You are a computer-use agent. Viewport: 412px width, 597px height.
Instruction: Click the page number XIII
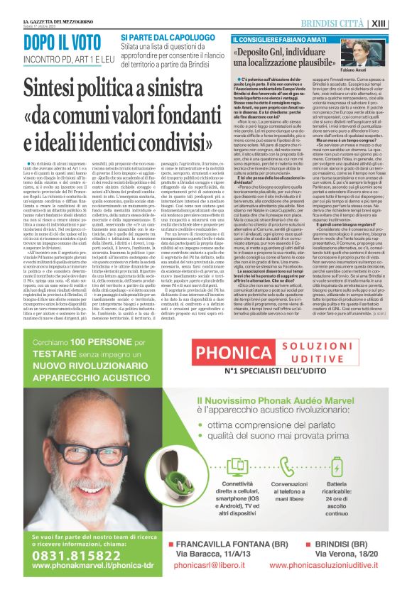(x=400, y=7)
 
